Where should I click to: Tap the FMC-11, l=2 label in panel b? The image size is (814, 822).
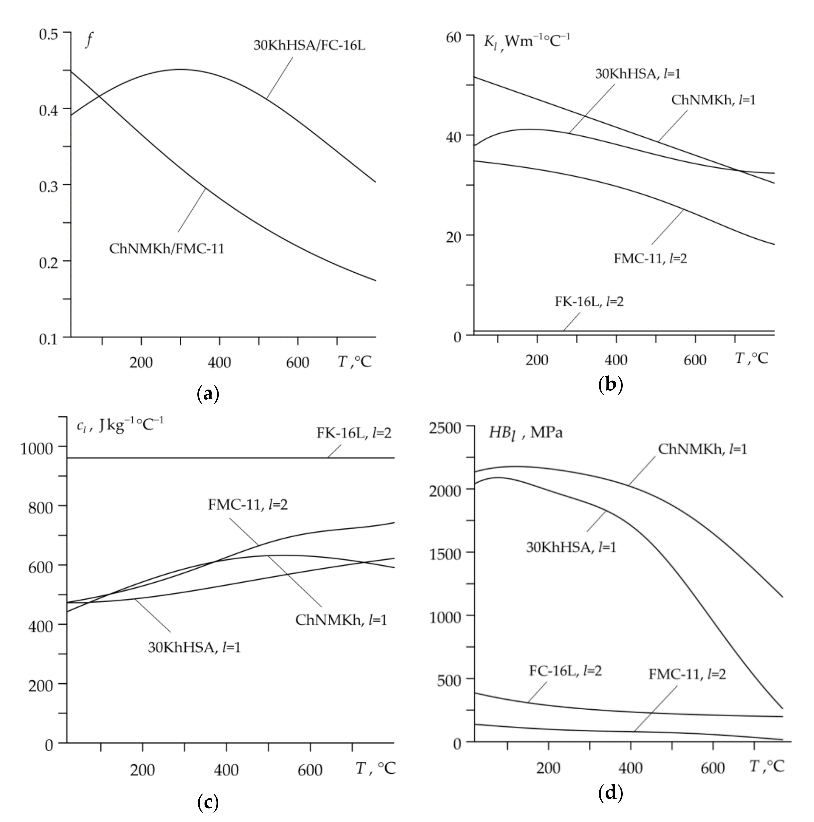coord(650,258)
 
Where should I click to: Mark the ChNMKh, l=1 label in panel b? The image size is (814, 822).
coord(713,100)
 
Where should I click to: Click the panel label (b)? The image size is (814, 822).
coord(610,385)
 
